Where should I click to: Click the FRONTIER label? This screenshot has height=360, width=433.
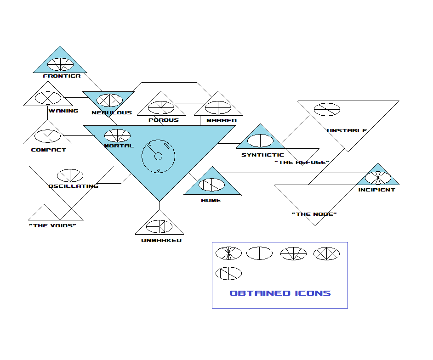coord(62,76)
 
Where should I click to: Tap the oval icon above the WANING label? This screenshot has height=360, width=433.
coord(48,98)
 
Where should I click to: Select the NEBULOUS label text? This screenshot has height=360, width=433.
coord(112,112)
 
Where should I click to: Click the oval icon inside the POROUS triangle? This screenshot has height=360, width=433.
coord(161,107)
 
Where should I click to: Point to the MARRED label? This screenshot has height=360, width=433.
coord(221,120)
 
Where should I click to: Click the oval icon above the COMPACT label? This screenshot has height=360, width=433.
coord(48,136)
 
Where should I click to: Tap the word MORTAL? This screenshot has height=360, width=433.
coord(119,146)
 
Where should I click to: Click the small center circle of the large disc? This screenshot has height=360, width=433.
coord(159,157)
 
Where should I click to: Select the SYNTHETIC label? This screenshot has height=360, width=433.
coord(262,155)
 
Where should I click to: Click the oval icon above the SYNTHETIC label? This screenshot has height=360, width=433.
coord(261,141)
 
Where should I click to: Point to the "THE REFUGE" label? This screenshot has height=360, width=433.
coord(302,163)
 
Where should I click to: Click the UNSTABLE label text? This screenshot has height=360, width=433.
coord(347,131)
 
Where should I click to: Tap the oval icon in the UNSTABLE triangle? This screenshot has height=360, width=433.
coord(327,110)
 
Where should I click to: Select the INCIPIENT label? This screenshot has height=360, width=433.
coord(376,190)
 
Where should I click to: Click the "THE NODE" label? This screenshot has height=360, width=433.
coord(314,214)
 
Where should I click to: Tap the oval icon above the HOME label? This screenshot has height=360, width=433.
coord(211,185)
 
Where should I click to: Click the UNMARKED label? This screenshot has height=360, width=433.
coord(161,241)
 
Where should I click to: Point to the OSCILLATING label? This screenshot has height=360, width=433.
coord(73,186)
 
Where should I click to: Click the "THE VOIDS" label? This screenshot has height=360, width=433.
coord(52,226)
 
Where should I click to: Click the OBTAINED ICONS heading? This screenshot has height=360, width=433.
coord(280,293)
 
